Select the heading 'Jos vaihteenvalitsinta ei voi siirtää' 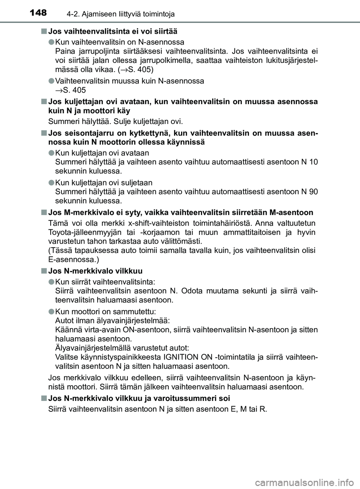pyautogui.click(x=113, y=31)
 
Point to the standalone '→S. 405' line pyautogui.click(x=70, y=90)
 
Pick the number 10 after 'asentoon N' pyautogui.click(x=314, y=162)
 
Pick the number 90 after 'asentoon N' pyautogui.click(x=314, y=192)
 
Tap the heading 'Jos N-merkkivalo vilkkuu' pyautogui.click(x=95, y=271)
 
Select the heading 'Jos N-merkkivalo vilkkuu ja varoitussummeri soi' pyautogui.click(x=139, y=398)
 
